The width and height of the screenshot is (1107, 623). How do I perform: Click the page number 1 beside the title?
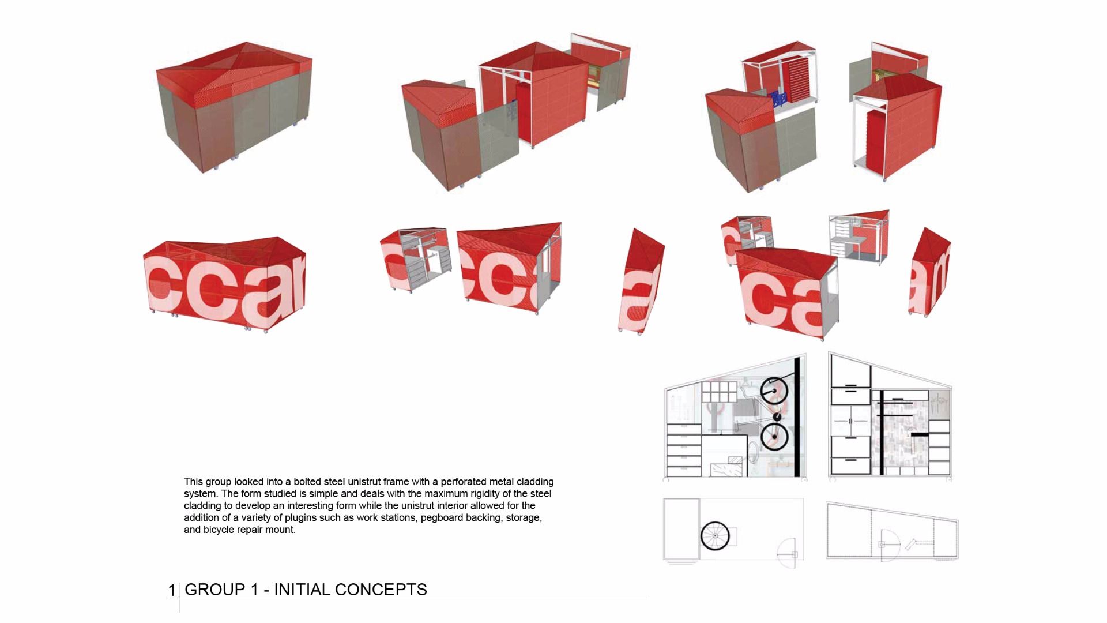point(172,590)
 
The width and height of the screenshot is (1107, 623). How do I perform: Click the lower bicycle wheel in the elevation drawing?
point(774,436)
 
